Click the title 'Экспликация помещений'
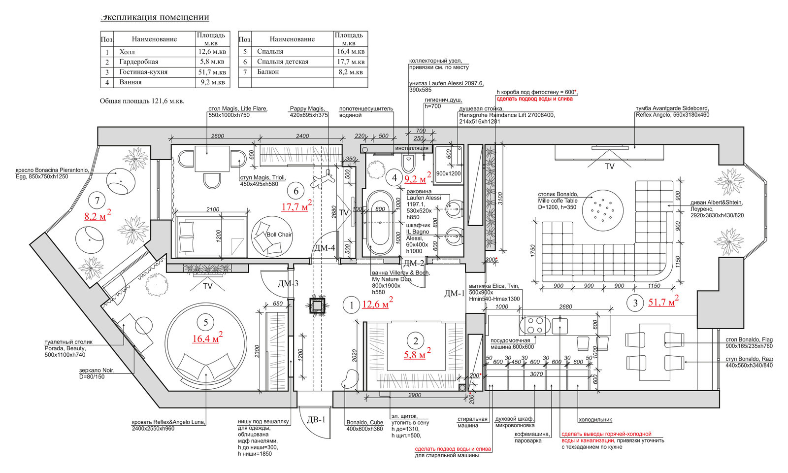155,17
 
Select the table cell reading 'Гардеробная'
138,62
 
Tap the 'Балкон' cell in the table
268,72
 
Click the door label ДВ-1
316,420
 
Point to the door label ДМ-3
288,283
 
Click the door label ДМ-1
454,294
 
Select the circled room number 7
98,201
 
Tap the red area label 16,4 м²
206,338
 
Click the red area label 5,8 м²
417,354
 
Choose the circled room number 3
635,303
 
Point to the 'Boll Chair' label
279,235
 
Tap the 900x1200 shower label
448,173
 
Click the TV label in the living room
610,167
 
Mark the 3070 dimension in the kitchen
536,374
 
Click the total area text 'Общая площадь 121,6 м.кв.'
142,101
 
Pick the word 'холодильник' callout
595,420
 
